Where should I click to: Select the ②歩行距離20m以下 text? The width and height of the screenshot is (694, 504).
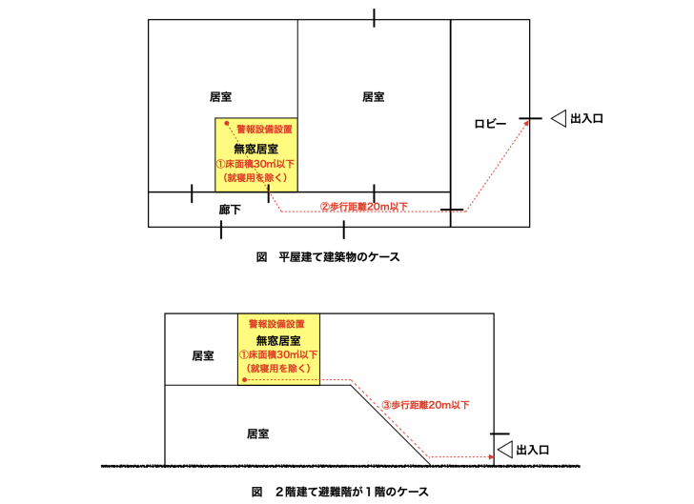pyautogui.click(x=363, y=206)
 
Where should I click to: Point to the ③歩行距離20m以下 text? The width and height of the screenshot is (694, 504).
pyautogui.click(x=424, y=405)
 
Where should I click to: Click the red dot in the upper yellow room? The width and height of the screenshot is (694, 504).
pyautogui.click(x=227, y=123)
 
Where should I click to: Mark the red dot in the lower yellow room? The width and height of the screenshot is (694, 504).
pyautogui.click(x=245, y=379)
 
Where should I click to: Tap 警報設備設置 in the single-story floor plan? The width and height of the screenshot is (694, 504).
pyautogui.click(x=265, y=128)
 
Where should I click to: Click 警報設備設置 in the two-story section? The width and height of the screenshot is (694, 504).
pyautogui.click(x=277, y=324)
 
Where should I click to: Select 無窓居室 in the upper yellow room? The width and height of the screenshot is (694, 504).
pyautogui.click(x=256, y=148)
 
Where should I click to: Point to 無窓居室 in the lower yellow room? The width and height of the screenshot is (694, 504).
pyautogui.click(x=279, y=340)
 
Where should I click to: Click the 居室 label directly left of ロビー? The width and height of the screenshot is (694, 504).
pyautogui.click(x=374, y=96)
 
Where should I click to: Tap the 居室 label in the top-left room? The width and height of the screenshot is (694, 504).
pyautogui.click(x=221, y=96)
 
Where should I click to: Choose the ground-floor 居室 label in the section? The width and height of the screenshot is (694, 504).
pyautogui.click(x=257, y=433)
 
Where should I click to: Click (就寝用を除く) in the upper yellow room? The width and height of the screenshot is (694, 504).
pyautogui.click(x=256, y=177)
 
